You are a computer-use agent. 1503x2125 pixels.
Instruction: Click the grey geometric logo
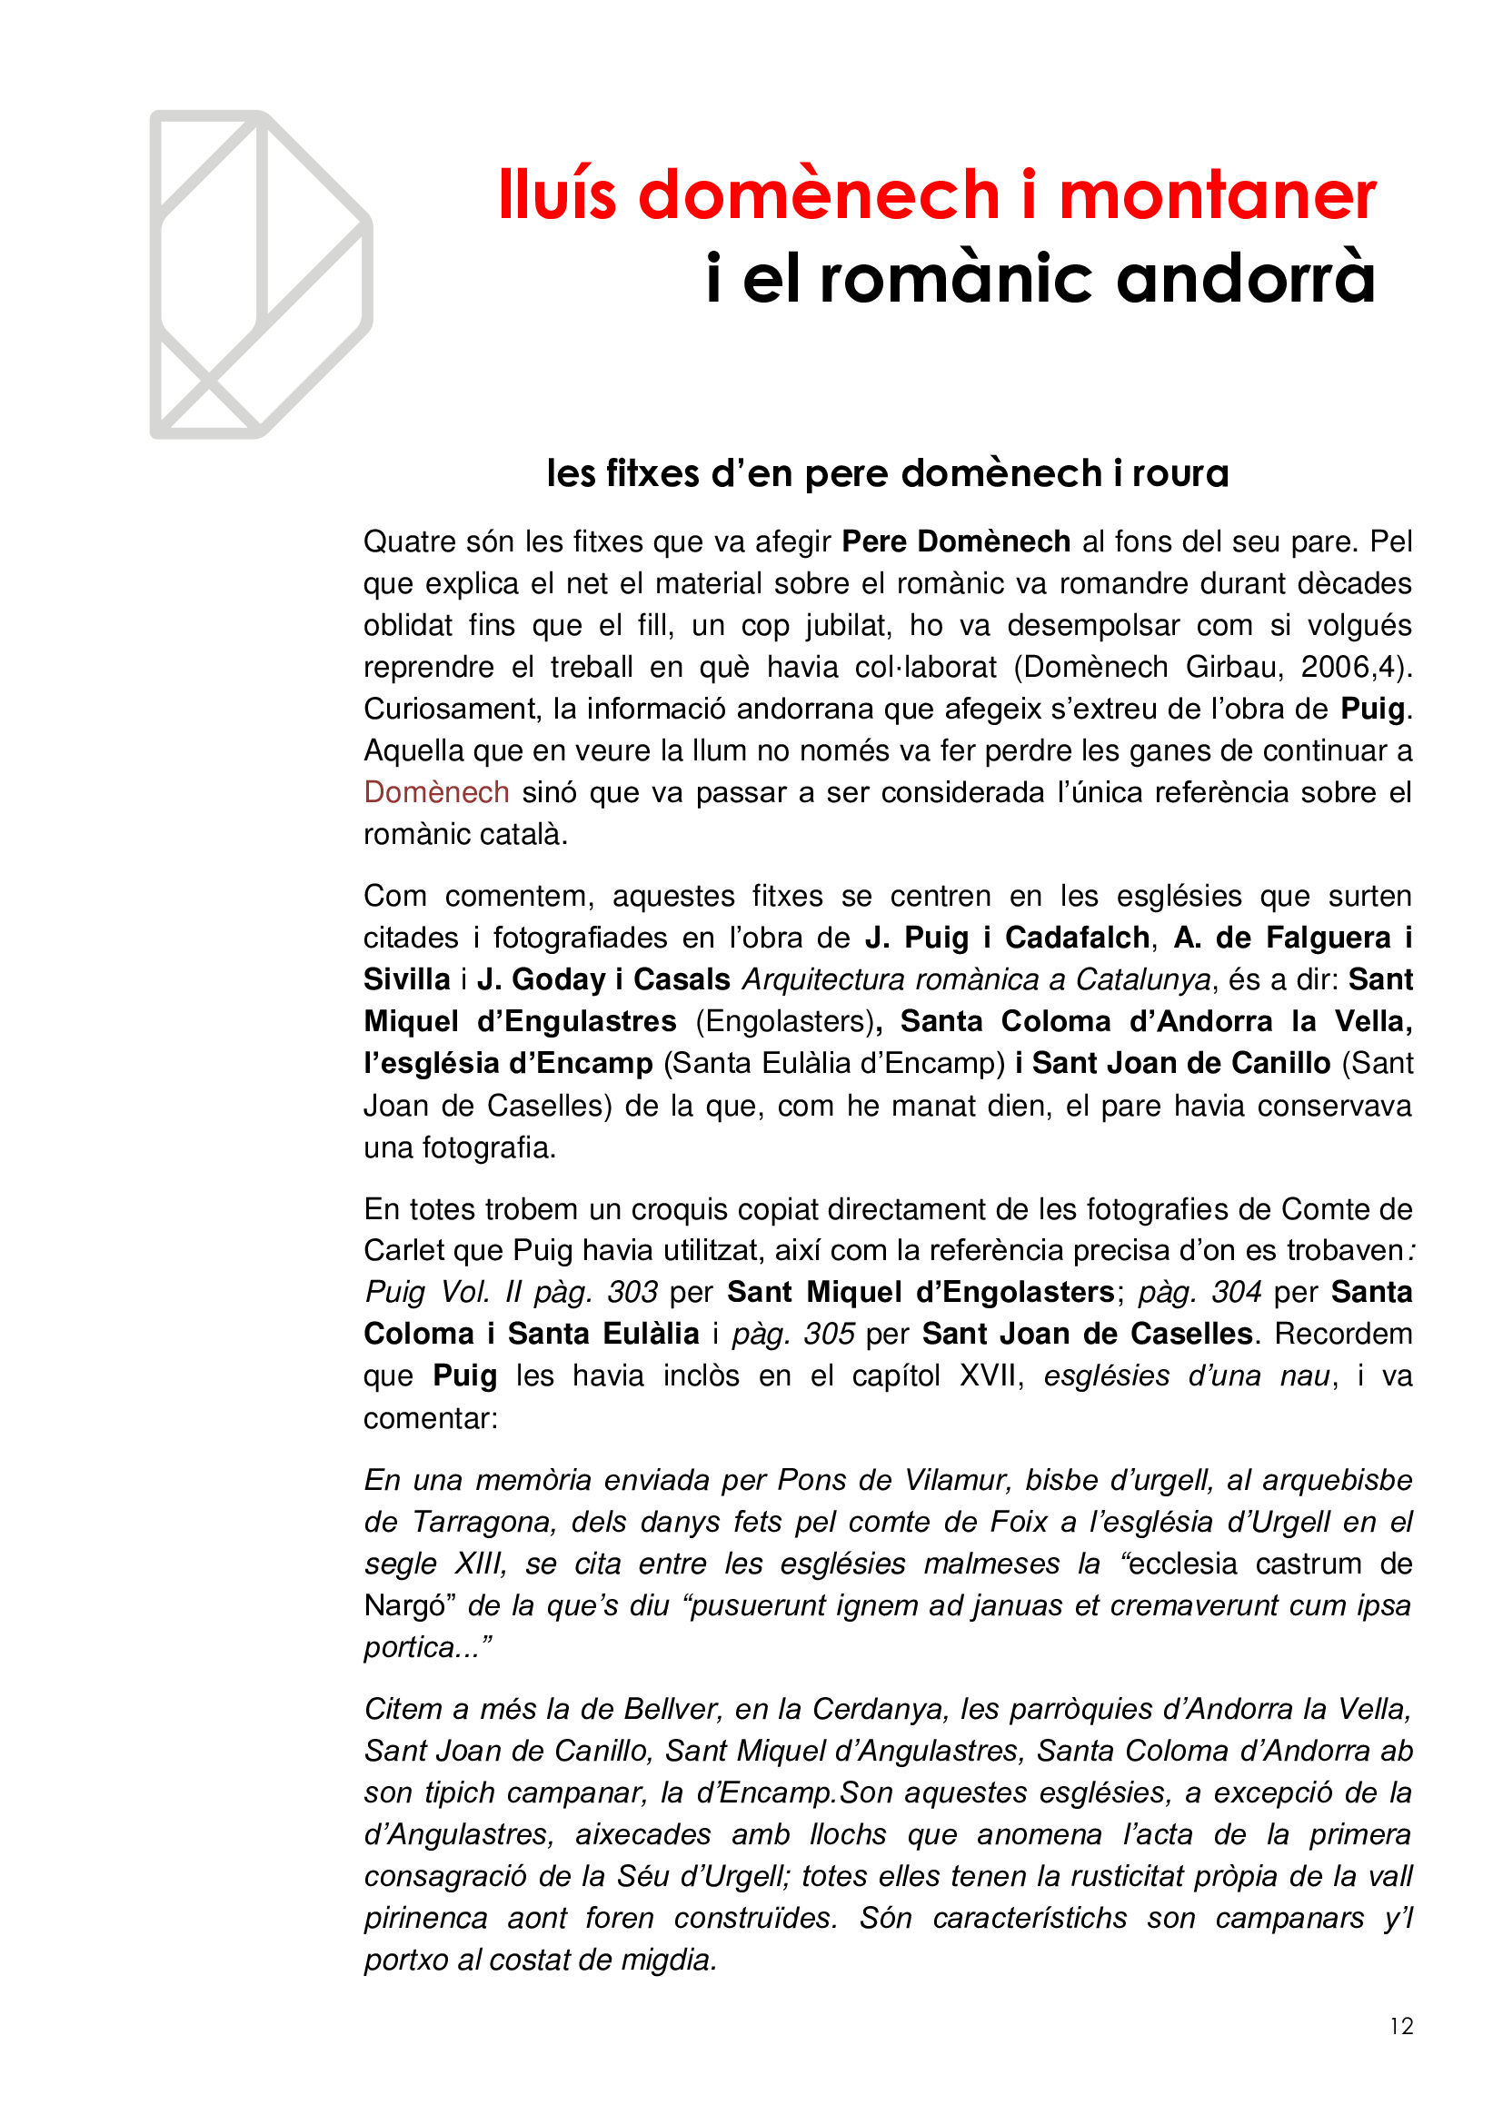point(260,274)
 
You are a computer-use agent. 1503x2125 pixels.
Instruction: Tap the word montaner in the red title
point(1217,195)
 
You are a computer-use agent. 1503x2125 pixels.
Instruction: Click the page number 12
point(1401,2027)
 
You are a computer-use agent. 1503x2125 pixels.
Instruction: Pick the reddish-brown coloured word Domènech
point(436,792)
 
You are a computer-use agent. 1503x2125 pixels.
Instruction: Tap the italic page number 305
point(830,1334)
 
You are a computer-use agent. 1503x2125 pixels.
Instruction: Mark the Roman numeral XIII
point(480,1564)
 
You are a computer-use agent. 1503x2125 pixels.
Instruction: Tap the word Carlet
point(405,1250)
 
